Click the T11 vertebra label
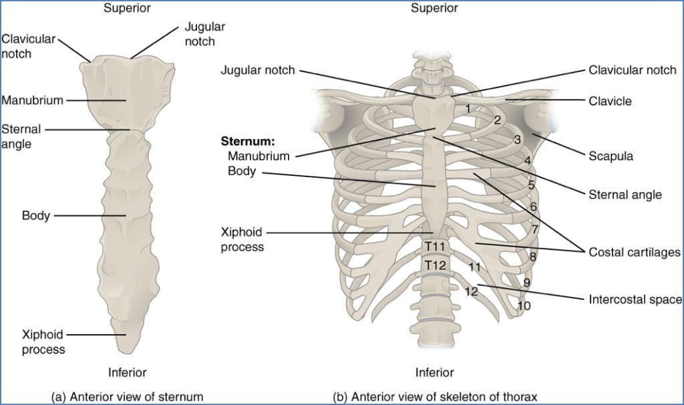[x=435, y=247]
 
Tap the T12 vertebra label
[x=435, y=265]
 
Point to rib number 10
[x=524, y=306]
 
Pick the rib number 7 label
[x=535, y=229]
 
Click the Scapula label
[x=611, y=156]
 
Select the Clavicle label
[x=610, y=102]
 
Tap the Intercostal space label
[x=635, y=300]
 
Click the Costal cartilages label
[x=634, y=252]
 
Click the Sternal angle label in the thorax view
[x=625, y=194]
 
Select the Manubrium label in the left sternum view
[x=32, y=100]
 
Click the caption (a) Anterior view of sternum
[x=127, y=396]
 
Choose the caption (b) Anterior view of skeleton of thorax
[x=434, y=396]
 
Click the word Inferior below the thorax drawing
[x=434, y=372]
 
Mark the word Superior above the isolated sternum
[x=127, y=8]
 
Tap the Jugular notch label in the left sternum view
[x=204, y=34]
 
